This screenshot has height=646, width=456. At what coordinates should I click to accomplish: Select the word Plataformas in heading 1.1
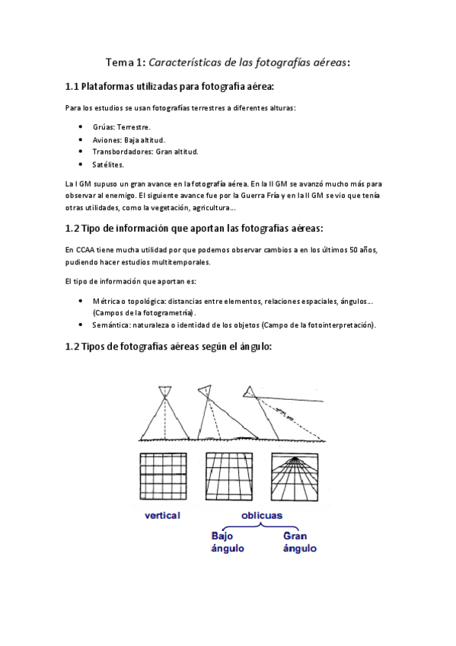[111, 88]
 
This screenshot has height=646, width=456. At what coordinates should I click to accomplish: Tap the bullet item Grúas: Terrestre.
[121, 127]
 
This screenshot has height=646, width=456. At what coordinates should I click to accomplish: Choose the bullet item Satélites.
[107, 164]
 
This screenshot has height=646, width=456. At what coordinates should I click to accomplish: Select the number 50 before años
[354, 250]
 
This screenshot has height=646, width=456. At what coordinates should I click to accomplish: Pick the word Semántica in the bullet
[110, 325]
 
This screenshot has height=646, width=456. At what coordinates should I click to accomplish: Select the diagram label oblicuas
[261, 515]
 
